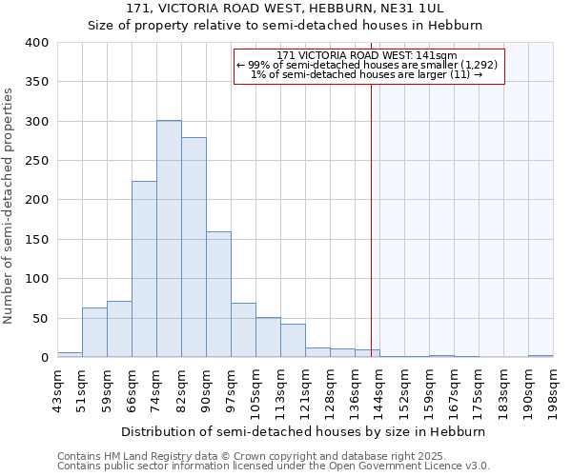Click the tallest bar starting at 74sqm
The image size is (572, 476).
[x=169, y=239]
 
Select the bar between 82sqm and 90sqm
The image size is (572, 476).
[x=194, y=248]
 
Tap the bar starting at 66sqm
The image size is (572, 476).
[x=144, y=269]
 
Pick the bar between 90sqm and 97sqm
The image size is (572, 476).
[x=218, y=294]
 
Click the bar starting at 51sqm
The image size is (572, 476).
[x=94, y=332]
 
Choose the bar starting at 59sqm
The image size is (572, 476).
[x=119, y=329]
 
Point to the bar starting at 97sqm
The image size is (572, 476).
[x=243, y=330]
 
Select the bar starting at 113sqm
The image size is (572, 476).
[x=293, y=341]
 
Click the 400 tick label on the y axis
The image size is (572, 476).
[x=36, y=43]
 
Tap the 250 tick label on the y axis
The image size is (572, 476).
[x=36, y=161]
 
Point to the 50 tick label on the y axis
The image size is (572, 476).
[x=40, y=318]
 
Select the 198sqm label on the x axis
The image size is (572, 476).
[x=553, y=389]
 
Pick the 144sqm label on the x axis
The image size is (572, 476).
[x=379, y=389]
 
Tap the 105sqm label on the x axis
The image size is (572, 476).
[x=255, y=389]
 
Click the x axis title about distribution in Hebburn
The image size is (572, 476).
[x=304, y=431]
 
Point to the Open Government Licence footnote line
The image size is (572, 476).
[x=274, y=466]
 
